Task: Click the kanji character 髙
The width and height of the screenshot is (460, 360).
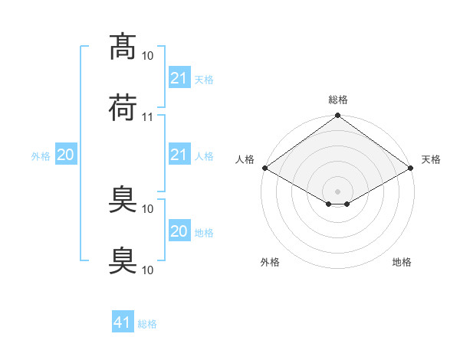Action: [x=123, y=47]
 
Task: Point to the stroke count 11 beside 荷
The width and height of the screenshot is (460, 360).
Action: [x=148, y=117]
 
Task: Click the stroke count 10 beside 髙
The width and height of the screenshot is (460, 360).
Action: [x=148, y=55]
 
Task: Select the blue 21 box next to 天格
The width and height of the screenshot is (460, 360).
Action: [x=179, y=78]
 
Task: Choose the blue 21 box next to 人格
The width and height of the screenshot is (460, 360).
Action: [x=179, y=155]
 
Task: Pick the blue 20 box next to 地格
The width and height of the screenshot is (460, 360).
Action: [x=179, y=232]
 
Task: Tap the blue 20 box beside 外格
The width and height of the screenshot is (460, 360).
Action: [x=65, y=155]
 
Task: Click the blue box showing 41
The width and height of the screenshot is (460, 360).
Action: [x=123, y=323]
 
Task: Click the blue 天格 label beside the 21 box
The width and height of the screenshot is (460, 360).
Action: [x=204, y=79]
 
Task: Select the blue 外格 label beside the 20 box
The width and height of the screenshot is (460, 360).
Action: [x=41, y=156]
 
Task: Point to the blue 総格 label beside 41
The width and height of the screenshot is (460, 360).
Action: [x=147, y=324]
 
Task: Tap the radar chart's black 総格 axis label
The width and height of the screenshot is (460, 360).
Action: [x=337, y=100]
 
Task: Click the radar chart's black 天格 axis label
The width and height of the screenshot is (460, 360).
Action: [x=431, y=159]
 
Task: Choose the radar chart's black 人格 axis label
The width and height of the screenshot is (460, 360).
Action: [x=245, y=159]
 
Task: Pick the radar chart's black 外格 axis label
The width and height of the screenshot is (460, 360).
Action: [x=270, y=262]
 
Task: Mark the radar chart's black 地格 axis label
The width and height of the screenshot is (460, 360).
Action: [x=402, y=262]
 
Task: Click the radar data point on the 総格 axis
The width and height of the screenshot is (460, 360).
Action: [x=337, y=116]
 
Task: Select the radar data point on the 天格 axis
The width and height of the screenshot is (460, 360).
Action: [x=412, y=168]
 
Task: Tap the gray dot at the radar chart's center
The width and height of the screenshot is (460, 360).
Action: [x=337, y=191]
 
